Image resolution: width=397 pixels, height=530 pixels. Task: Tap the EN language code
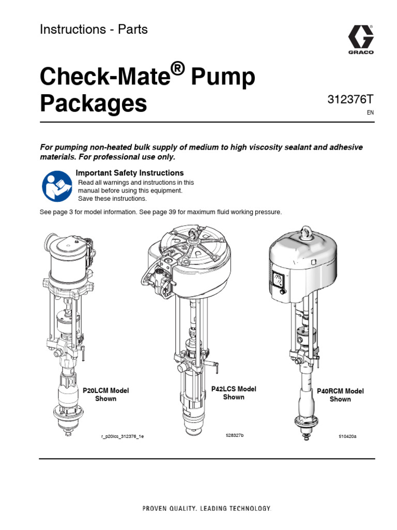(x=370, y=113)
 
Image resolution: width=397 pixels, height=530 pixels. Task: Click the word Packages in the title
(x=94, y=104)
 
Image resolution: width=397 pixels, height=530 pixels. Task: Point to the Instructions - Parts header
(x=94, y=30)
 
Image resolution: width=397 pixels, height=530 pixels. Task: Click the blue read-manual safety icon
(x=56, y=186)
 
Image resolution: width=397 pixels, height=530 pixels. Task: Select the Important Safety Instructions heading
(x=130, y=173)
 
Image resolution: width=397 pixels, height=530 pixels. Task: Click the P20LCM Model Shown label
(x=105, y=394)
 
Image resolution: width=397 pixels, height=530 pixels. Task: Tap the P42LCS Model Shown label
(x=234, y=393)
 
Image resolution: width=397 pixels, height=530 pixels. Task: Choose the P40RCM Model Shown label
(x=340, y=395)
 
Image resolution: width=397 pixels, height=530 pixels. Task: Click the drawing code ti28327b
(x=234, y=435)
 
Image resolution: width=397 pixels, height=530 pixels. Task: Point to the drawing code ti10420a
(x=348, y=436)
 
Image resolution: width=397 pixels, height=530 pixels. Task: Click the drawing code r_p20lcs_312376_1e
(x=123, y=437)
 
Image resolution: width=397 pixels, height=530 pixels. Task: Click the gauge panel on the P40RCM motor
(x=278, y=283)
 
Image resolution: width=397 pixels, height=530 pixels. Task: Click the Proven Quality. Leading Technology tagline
(x=206, y=509)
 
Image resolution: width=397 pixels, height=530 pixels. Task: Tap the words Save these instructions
(x=112, y=199)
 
